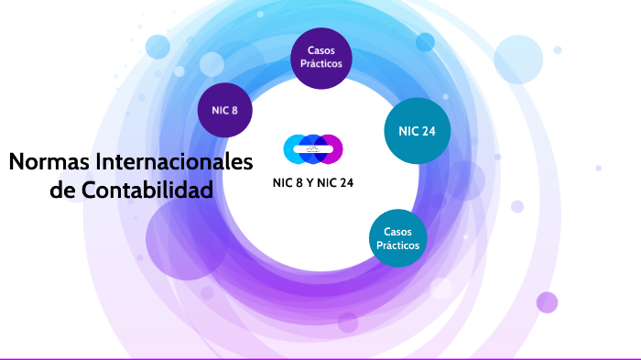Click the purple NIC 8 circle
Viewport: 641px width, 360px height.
click(224, 110)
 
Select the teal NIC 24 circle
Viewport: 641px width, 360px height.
click(418, 131)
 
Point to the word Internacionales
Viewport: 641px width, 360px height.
click(171, 162)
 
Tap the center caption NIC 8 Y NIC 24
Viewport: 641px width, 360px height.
click(313, 182)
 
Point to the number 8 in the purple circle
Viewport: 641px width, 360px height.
click(235, 110)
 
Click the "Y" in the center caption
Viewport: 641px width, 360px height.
click(310, 182)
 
